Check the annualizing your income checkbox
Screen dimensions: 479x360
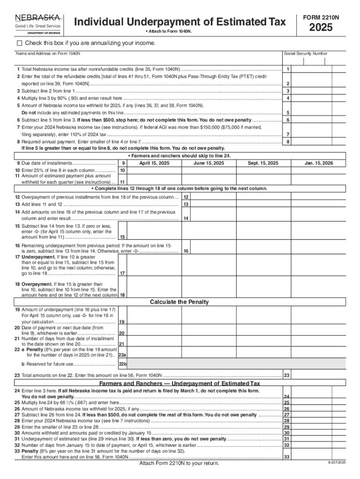pos(19,43)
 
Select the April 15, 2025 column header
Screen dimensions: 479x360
pos(154,163)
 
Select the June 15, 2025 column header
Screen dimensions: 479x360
pos(209,163)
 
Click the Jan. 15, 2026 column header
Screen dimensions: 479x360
pos(318,163)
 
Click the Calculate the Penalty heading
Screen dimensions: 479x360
pos(179,302)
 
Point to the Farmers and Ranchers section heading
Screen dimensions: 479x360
pos(180,383)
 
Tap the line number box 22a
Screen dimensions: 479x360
pos(122,355)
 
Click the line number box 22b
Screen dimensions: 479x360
pos(122,364)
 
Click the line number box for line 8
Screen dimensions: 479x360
pos(288,141)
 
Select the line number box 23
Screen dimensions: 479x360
pos(287,375)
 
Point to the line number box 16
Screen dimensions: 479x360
pos(186,251)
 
